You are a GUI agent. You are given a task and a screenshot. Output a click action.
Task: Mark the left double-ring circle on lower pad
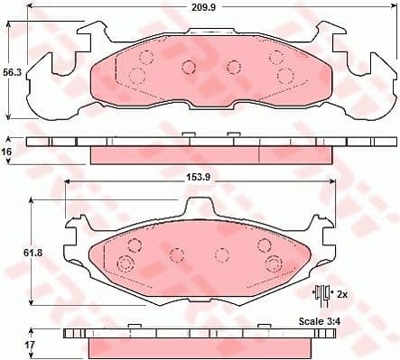125,263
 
